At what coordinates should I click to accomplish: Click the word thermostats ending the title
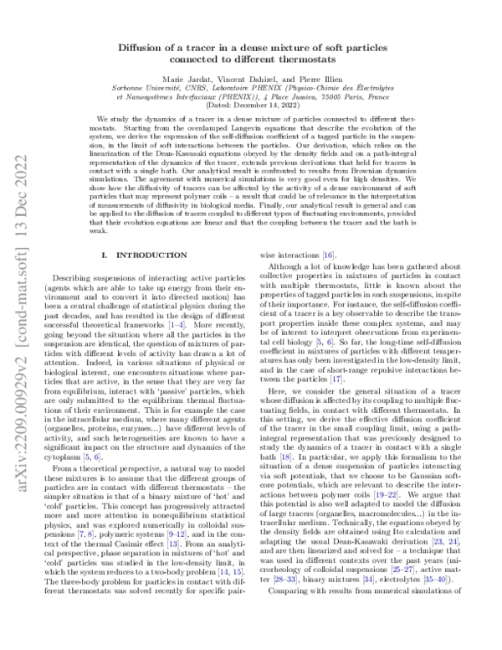[x=311, y=60]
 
